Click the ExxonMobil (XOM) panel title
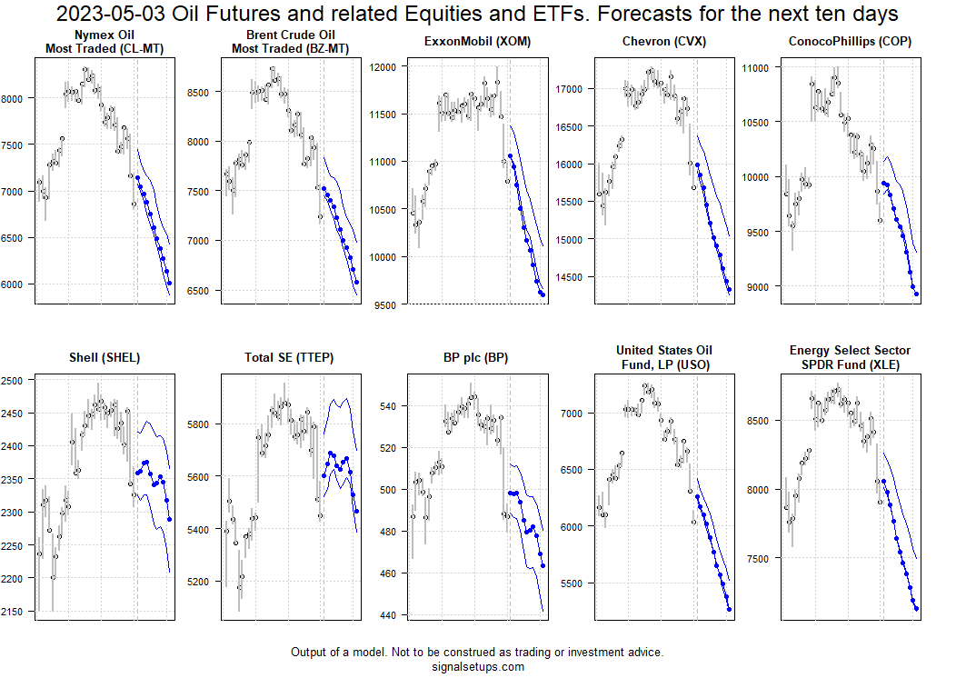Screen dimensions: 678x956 pos(477,42)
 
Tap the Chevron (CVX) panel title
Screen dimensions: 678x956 pos(664,42)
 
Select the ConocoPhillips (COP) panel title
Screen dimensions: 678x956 pos(851,42)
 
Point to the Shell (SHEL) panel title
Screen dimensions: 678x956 pos(104,357)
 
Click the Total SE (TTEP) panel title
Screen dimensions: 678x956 pos(290,357)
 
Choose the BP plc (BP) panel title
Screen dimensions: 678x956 pos(477,357)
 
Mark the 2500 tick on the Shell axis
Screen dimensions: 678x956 pos(15,381)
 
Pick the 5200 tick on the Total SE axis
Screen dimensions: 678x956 pos(202,582)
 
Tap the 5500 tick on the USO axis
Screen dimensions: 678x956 pos(575,583)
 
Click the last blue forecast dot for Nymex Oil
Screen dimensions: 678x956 pos(169,284)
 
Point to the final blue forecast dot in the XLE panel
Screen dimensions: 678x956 pos(916,608)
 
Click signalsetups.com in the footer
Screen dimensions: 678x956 pos(477,666)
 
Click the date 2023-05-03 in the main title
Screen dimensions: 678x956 pos(107,15)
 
